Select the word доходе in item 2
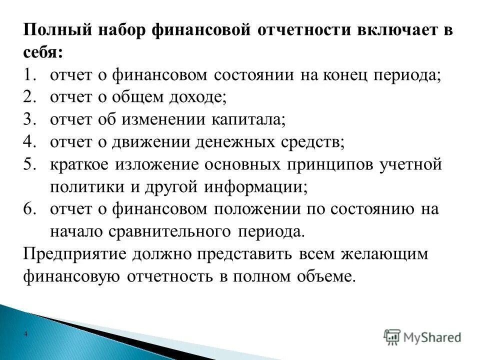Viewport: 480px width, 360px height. (197, 98)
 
